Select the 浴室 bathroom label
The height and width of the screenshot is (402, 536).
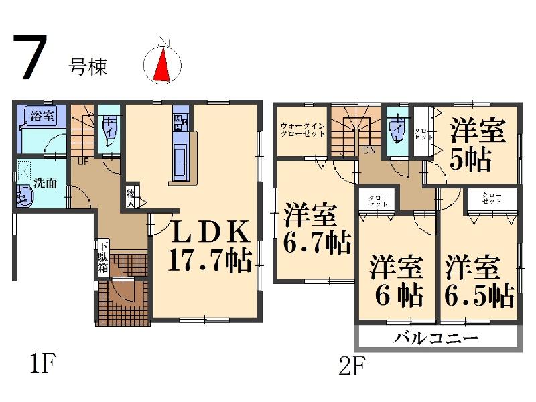(x=42, y=116)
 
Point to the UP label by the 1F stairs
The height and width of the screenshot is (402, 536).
(x=84, y=161)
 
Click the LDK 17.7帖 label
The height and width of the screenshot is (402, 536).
(x=208, y=245)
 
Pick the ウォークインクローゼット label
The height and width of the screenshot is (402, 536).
(x=303, y=129)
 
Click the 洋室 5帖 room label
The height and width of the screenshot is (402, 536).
(x=477, y=145)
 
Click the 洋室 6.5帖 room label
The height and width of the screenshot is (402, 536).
(x=479, y=280)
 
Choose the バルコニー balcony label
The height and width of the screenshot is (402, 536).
(x=438, y=338)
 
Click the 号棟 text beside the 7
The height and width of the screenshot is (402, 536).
(x=88, y=66)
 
